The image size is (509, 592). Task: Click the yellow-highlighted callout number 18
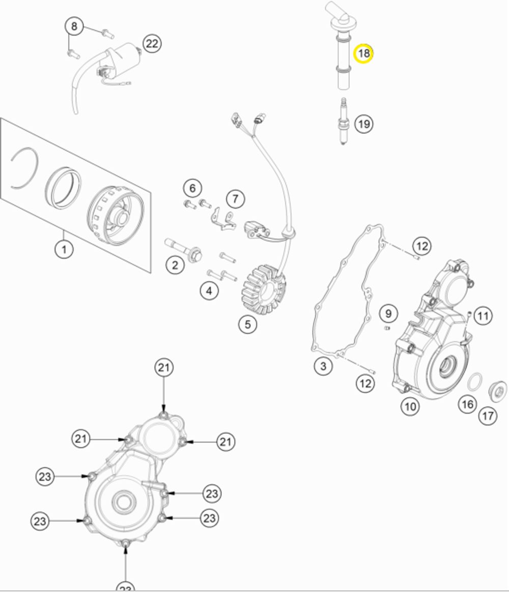point(363,53)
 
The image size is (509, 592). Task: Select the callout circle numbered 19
point(363,124)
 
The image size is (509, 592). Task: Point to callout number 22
point(151,44)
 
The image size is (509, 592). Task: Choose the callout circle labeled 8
point(74,26)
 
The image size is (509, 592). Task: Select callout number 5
point(247,324)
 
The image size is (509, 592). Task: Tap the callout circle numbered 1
point(64,250)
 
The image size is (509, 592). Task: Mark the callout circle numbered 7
point(235,198)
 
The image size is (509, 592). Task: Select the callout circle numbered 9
point(388,313)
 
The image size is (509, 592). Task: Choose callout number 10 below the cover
point(410,406)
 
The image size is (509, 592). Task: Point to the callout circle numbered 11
point(483,316)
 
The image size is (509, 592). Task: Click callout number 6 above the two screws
point(192,188)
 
